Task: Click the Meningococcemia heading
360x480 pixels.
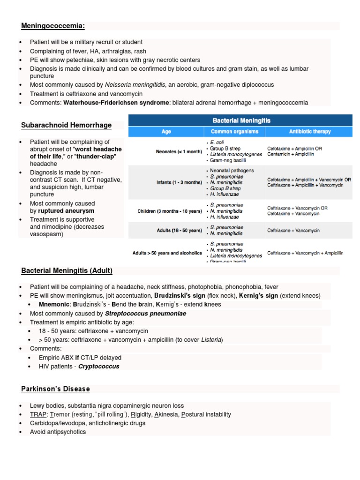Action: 53,25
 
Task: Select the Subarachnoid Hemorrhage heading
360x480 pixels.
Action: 66,125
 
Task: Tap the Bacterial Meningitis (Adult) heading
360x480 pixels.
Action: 67,270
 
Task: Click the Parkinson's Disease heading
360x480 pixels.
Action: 55,389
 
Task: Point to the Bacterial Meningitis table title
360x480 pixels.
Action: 242,120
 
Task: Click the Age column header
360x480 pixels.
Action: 166,132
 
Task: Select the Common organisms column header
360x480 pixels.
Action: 234,132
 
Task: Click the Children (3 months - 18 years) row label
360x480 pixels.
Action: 170,211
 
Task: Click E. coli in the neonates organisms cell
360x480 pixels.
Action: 217,142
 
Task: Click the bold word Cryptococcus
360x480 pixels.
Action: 99,366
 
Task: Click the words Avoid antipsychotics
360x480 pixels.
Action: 58,431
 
